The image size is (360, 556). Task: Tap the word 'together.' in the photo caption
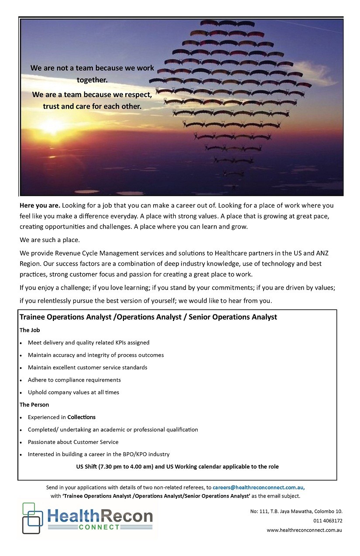(x=92, y=80)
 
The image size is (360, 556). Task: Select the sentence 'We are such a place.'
(x=50, y=240)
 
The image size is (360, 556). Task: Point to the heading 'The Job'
(x=30, y=330)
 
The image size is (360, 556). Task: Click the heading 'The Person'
(x=34, y=405)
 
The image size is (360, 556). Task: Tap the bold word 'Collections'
(x=81, y=417)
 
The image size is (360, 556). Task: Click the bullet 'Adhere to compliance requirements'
(x=74, y=380)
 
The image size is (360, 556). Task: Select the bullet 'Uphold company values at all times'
(x=73, y=392)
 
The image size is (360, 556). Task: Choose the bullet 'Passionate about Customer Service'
(x=73, y=442)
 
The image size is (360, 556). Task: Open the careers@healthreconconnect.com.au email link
(x=258, y=488)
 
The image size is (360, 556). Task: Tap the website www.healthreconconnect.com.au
(x=304, y=530)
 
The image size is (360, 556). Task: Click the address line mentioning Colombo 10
(x=296, y=511)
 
